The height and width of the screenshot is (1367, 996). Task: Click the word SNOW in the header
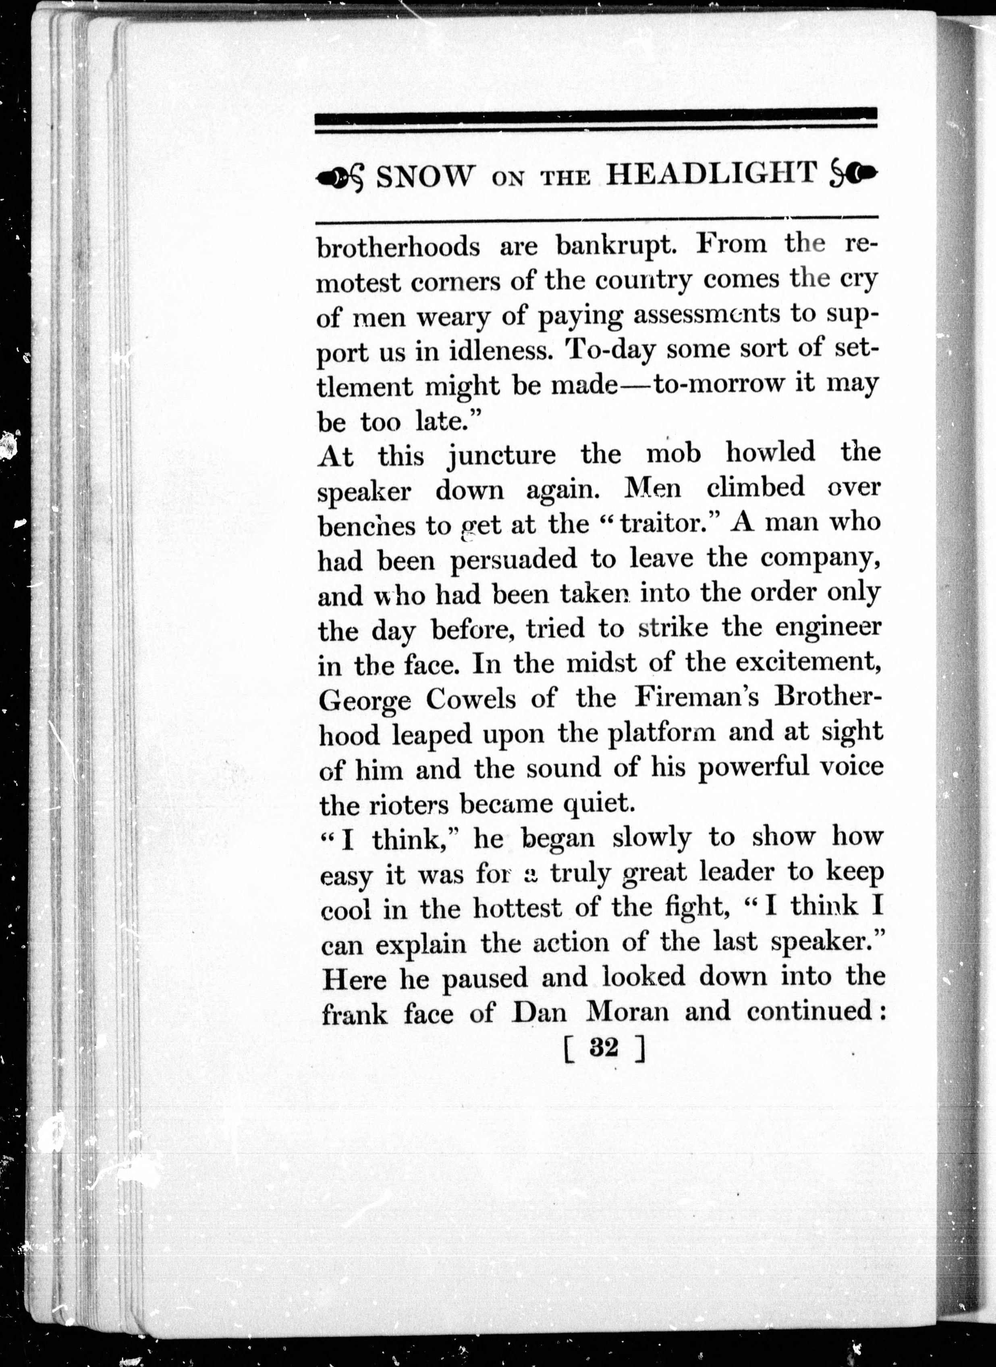(x=422, y=177)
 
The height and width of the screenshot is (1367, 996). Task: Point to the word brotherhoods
(x=398, y=247)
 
